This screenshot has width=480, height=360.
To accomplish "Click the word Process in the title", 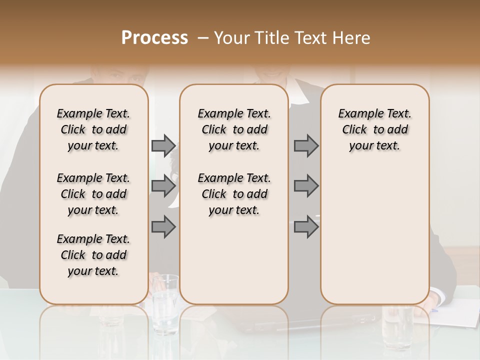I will [x=154, y=38].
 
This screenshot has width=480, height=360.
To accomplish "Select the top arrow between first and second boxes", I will [x=163, y=145].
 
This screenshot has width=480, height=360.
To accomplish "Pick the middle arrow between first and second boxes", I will [x=163, y=186].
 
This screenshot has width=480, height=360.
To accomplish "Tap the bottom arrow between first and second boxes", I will [x=163, y=226].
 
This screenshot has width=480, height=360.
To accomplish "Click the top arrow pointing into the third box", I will [x=306, y=145].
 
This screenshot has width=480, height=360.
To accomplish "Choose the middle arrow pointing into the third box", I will [x=306, y=186].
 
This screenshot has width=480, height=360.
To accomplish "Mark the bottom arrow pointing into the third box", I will [x=306, y=226].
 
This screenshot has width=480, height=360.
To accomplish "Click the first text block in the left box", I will [x=93, y=129].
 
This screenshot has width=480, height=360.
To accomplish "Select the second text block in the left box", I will [x=93, y=194].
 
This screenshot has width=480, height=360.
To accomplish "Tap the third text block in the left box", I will [x=93, y=255].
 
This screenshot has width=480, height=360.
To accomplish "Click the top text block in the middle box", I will [x=234, y=129].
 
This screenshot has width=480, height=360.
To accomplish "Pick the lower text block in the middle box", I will [x=234, y=194].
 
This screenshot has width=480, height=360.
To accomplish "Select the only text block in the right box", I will [x=374, y=129].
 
